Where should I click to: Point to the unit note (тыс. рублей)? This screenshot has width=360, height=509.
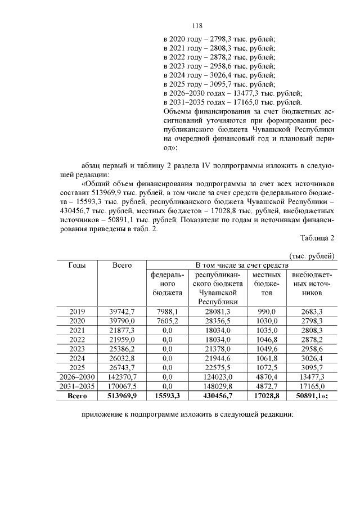(x=312, y=255)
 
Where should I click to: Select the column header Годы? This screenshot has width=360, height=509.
(x=77, y=265)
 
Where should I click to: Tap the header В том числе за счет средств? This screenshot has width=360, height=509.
(x=241, y=265)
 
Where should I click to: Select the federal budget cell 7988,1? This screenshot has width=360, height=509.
(x=166, y=312)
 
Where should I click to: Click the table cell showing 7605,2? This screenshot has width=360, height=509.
(x=166, y=321)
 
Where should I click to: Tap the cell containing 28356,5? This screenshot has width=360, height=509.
(x=217, y=321)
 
